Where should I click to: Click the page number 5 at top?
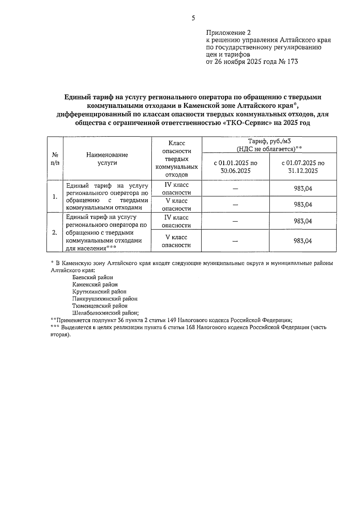(193, 18)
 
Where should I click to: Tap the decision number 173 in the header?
(292, 62)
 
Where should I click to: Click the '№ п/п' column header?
(55, 159)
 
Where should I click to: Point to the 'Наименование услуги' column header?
(107, 159)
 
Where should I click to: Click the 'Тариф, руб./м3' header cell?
(269, 145)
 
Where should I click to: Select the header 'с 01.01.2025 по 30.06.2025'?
(235, 167)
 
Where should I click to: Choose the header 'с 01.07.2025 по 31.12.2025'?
(303, 167)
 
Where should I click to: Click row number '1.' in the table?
(55, 197)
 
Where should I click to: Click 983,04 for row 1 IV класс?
(303, 188)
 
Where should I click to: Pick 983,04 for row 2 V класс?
(303, 241)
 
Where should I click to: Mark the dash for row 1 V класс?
(235, 205)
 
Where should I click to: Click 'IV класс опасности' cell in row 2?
(176, 221)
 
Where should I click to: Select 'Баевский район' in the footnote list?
(93, 278)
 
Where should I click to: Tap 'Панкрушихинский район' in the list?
(105, 299)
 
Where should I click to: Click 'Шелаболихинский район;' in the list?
(105, 313)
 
